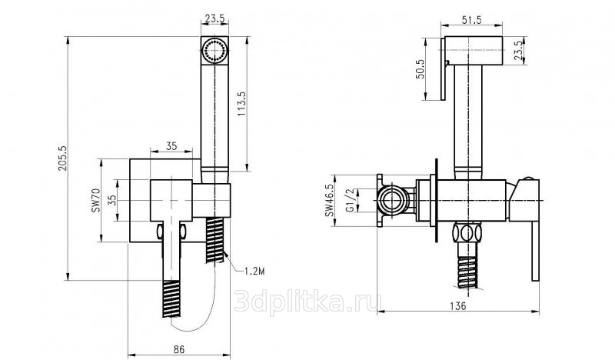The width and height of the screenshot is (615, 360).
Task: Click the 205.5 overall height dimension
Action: (63, 158)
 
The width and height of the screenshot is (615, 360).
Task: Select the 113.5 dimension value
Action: (241, 104)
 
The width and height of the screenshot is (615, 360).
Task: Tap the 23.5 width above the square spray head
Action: (214, 18)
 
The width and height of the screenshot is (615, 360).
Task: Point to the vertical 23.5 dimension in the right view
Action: (518, 51)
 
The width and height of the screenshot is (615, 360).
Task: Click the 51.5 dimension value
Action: (471, 20)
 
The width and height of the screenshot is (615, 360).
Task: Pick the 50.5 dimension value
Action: (420, 69)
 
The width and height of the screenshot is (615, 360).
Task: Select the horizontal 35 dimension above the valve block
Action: (171, 146)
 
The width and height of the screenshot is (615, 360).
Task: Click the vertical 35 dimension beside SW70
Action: (111, 200)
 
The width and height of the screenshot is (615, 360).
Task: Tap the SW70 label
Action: (95, 200)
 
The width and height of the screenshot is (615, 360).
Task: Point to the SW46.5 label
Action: (329, 201)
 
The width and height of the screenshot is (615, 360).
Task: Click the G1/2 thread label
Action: (350, 200)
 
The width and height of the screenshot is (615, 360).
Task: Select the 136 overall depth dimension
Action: (457, 305)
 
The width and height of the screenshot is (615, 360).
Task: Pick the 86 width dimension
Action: (178, 348)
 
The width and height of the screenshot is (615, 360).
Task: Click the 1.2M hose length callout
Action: (254, 271)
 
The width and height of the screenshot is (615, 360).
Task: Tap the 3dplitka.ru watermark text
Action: (308, 302)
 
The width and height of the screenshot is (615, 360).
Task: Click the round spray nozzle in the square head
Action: (214, 50)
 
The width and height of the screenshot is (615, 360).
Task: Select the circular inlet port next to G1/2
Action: (391, 200)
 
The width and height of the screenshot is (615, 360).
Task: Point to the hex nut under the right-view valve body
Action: (467, 233)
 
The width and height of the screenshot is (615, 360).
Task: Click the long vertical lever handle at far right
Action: (535, 252)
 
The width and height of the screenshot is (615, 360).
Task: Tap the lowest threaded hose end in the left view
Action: (171, 298)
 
